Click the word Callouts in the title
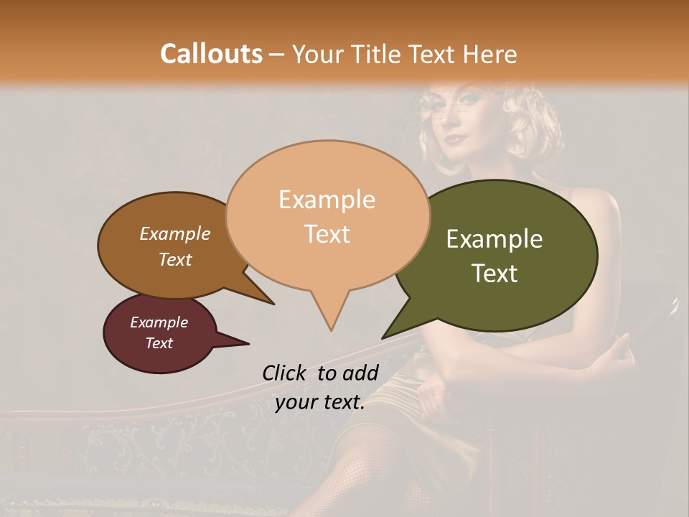click(211, 54)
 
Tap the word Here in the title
click(490, 54)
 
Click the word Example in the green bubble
click(495, 239)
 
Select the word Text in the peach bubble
click(327, 234)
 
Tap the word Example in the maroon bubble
click(159, 322)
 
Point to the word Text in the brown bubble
click(175, 259)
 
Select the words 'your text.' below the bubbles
click(320, 402)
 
